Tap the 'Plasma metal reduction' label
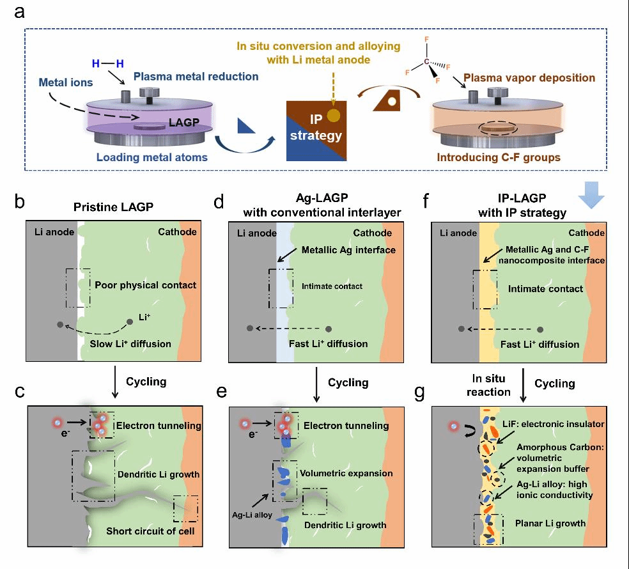(196, 77)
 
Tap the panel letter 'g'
(419, 391)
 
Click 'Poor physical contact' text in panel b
(145, 284)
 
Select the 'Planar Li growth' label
(550, 523)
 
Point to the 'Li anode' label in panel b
(54, 232)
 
